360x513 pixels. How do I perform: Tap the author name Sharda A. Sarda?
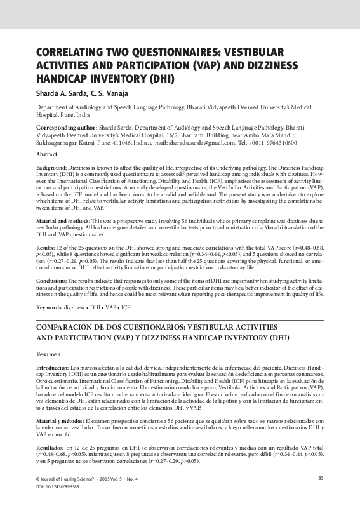coord(57,93)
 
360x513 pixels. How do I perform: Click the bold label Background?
coord(52,166)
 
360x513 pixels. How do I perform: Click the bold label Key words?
coord(48,307)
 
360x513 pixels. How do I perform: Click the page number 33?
coord(321,496)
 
